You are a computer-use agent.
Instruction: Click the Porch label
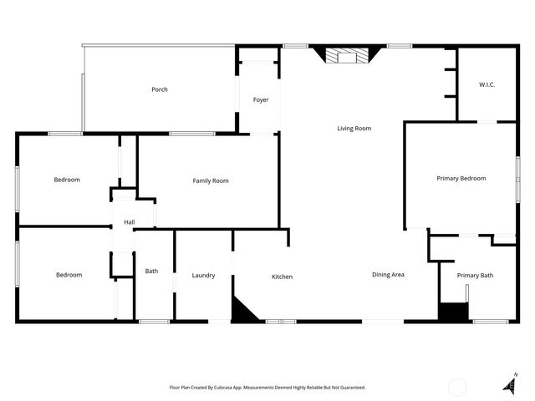coord(159,89)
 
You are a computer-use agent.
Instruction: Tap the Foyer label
coord(261,100)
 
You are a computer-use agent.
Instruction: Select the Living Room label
coord(354,129)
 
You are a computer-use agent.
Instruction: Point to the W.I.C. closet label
coord(487,84)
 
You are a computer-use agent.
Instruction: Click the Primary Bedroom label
coord(461,178)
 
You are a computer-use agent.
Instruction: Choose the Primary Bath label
coord(474,276)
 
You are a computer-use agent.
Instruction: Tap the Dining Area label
coord(388,274)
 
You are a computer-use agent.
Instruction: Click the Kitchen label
coord(282,277)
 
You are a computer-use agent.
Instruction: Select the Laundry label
coord(203,276)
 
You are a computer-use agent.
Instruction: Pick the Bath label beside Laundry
coord(151,271)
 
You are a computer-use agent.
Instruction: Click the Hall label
coord(130,222)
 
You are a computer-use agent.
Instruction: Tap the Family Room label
coord(210,180)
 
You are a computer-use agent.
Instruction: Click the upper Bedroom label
coord(67,180)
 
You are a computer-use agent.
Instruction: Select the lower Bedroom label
coord(69,275)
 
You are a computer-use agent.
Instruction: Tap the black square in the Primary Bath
coord(451,312)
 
